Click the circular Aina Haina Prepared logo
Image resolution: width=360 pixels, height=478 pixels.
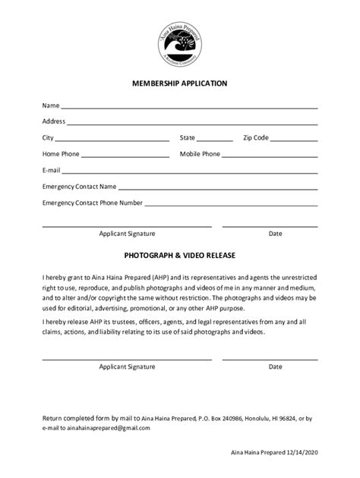180,41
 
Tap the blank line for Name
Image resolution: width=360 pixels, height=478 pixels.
189,108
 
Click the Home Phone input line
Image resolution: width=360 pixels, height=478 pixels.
125,157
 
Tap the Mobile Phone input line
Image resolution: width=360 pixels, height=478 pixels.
270,157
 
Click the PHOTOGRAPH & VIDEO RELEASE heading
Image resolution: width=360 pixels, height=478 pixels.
180,256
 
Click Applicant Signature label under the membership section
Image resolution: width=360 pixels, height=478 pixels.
127,234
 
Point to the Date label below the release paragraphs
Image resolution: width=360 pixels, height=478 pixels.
275,366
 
